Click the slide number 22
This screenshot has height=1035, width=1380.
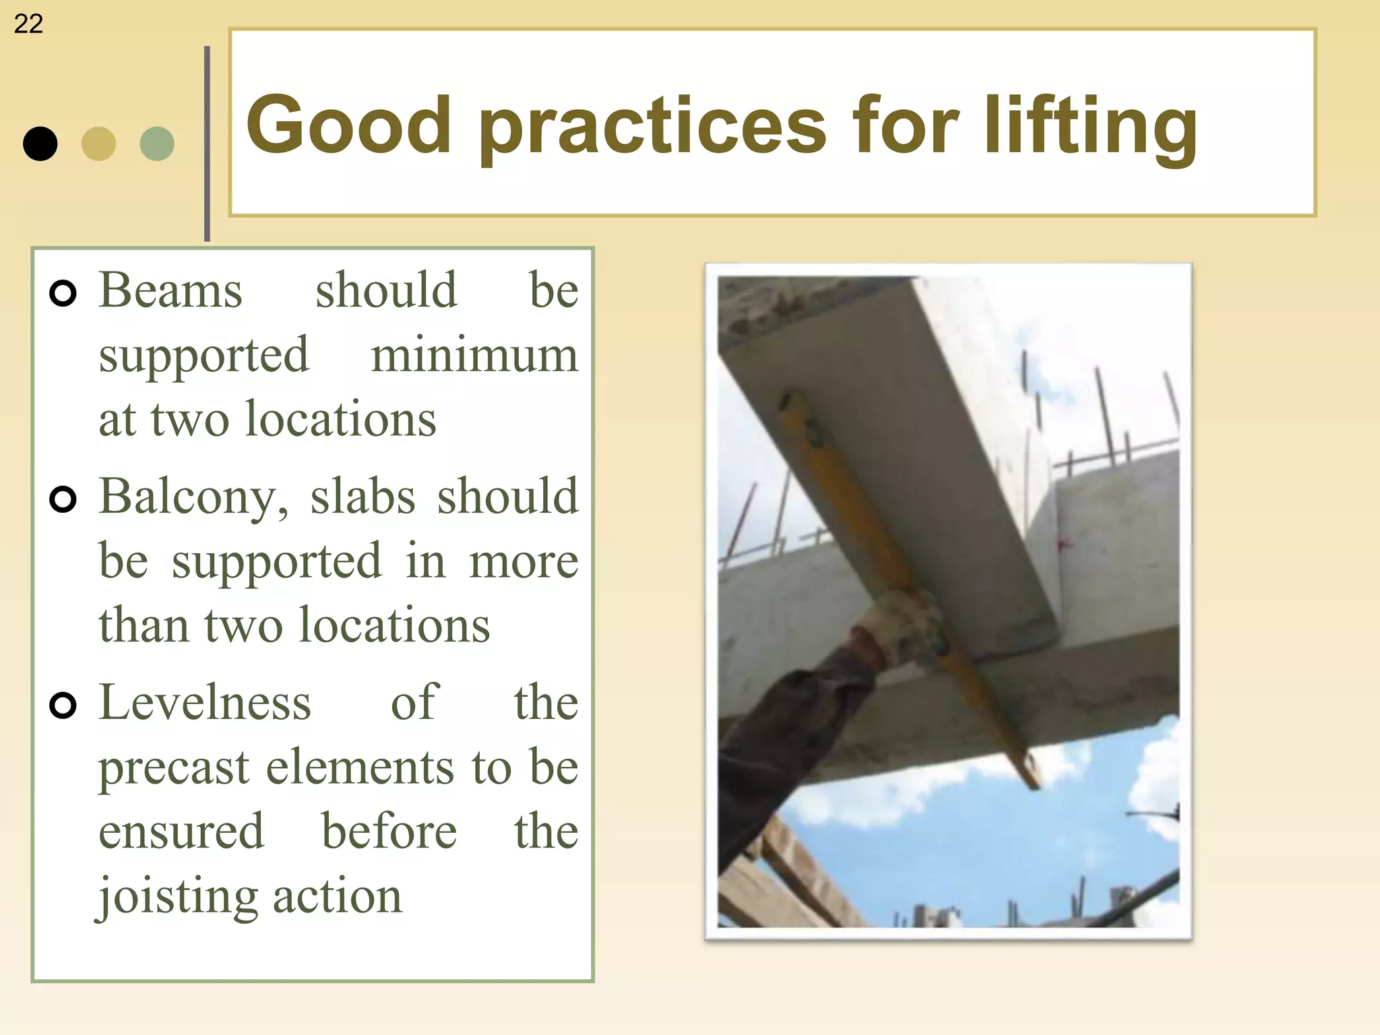(28, 24)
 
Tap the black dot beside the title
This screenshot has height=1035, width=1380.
(40, 144)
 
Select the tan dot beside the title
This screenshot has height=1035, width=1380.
(98, 144)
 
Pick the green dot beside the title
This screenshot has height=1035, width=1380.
(157, 144)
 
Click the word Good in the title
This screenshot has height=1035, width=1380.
(348, 125)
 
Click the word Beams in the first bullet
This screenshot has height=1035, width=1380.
(170, 290)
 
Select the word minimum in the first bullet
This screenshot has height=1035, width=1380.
(474, 355)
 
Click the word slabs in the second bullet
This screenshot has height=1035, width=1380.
(363, 496)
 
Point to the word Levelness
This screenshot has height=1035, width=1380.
(205, 702)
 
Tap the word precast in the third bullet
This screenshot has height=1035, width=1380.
(174, 768)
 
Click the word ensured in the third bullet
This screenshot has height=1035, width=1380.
(181, 832)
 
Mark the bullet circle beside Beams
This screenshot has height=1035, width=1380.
(63, 293)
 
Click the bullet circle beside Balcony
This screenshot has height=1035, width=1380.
(63, 499)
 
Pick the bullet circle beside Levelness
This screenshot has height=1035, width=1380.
(63, 705)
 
